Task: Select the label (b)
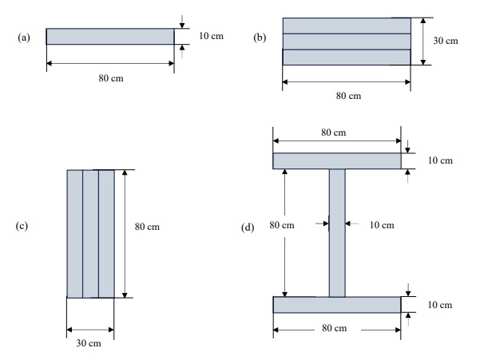click(x=260, y=37)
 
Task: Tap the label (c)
click(x=23, y=226)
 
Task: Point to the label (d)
click(x=248, y=227)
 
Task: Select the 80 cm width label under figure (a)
click(x=111, y=78)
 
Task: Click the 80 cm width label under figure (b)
click(x=348, y=96)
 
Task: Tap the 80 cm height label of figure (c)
click(x=148, y=227)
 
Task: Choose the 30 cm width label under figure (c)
click(x=89, y=344)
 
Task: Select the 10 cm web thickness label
click(x=382, y=225)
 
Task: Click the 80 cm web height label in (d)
click(x=282, y=225)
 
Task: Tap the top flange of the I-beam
click(x=337, y=161)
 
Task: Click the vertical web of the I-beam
click(x=337, y=231)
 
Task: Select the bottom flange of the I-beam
click(x=337, y=305)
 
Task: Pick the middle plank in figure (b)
click(x=347, y=41)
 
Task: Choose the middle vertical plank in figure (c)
click(x=90, y=233)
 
